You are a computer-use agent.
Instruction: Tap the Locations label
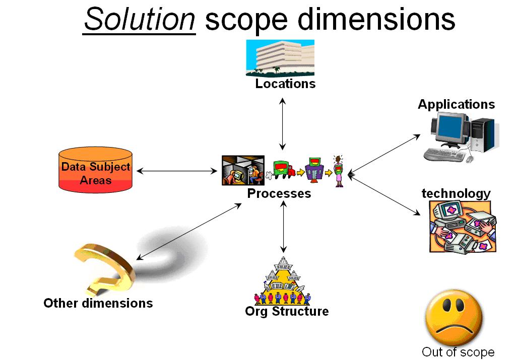coord(285,84)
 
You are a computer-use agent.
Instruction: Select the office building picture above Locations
coord(280,57)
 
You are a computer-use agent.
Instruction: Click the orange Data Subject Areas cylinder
coord(95,170)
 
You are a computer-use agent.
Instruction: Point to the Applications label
coord(456,104)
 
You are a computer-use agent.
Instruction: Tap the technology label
coord(456,193)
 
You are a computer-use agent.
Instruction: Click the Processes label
coord(279,193)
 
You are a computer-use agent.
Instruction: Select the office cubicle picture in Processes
coord(243,170)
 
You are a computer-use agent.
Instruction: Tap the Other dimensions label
coord(98,303)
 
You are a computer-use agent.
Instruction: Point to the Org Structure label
coord(287,311)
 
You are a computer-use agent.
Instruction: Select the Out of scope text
coord(458,352)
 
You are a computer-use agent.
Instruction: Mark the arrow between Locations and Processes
coord(283,123)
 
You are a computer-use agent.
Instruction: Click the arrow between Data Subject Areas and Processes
coord(177,171)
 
